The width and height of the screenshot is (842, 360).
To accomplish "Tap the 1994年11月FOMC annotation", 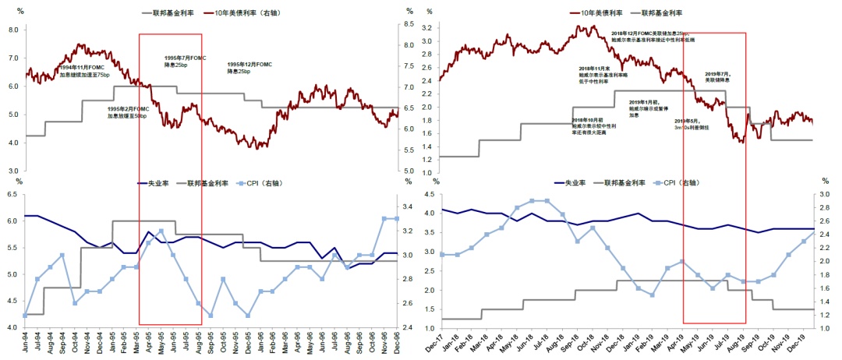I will click(87, 71).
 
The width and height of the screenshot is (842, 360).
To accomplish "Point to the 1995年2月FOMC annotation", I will click(127, 112).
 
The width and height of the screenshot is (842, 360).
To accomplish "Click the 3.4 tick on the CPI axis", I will click(409, 207).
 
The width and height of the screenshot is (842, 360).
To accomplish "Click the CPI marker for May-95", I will click(161, 231).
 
